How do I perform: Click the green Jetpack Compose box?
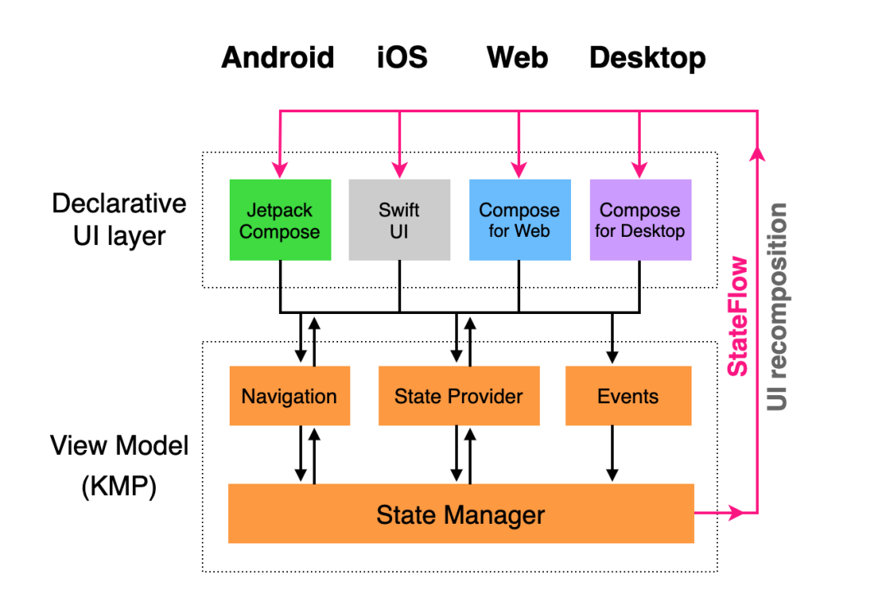point(280,220)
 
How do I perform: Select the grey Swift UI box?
point(400,220)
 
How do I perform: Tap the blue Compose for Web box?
point(518,220)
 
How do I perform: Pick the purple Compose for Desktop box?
point(640,220)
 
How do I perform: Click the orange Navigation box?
point(289,396)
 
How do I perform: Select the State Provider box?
point(459,396)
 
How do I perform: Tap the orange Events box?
point(628,396)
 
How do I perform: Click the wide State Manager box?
point(460,514)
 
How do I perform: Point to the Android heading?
point(278,58)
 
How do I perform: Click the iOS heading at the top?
point(402,58)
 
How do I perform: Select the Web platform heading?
point(518,58)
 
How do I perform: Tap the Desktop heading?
point(647,58)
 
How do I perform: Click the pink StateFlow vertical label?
point(739,316)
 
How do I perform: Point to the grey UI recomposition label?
point(777,307)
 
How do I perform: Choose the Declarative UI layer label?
point(120,220)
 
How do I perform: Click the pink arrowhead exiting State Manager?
point(736,513)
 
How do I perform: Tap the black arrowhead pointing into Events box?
point(612,358)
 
